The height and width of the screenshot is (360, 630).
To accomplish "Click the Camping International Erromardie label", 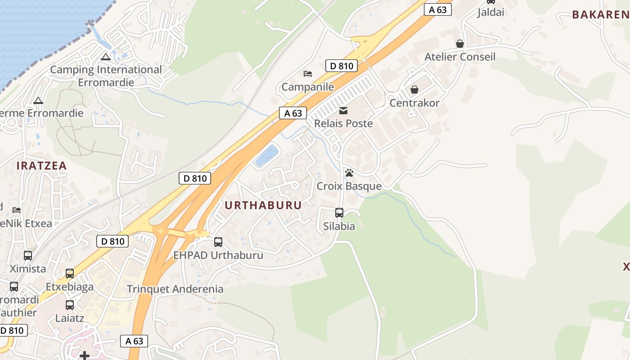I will (x=106, y=76).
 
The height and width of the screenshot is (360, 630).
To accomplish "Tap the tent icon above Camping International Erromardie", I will (x=106, y=57).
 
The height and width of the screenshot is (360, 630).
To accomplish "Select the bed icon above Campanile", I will (x=308, y=73).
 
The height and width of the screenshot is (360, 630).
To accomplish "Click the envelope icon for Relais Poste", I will (x=343, y=110).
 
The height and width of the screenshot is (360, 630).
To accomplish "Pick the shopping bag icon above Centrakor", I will (x=414, y=90).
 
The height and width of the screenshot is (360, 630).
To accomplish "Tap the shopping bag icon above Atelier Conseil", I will (x=460, y=44).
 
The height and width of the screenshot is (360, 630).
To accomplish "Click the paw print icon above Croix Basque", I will (x=349, y=173).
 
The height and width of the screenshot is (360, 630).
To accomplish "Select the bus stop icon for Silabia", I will (x=339, y=213).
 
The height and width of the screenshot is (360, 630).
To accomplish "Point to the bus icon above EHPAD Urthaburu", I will (x=218, y=242).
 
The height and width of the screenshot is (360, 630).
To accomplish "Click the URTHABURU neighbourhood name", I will (x=263, y=206).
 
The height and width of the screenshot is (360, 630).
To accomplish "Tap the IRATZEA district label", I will (x=41, y=166).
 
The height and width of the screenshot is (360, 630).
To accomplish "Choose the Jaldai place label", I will (x=491, y=12).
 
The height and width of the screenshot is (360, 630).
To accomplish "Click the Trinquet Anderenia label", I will (x=175, y=289).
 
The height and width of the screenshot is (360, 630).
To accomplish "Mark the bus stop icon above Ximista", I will (x=28, y=256).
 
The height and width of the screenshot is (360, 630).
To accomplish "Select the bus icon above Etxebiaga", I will (x=70, y=274).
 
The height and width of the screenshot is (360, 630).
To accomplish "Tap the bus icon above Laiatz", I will (x=70, y=305).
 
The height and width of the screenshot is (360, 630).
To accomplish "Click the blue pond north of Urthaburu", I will (x=266, y=155).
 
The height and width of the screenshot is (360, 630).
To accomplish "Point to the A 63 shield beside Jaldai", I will (x=437, y=9).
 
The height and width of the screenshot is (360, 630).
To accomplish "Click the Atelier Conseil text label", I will (x=460, y=57).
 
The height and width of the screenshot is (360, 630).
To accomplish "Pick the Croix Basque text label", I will (x=349, y=186).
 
